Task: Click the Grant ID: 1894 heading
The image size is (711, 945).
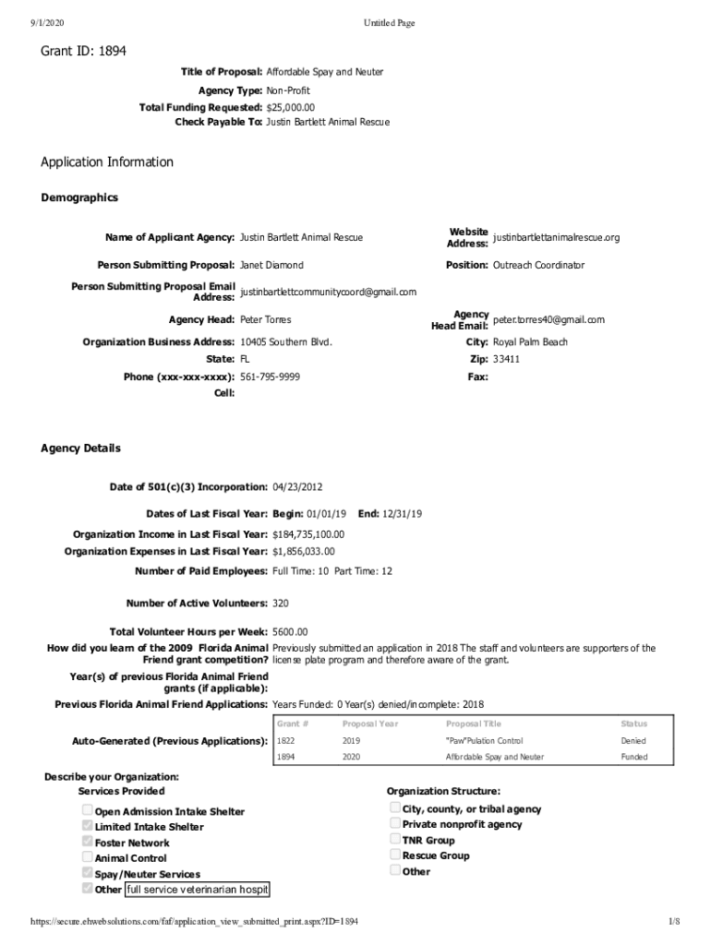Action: tap(83, 51)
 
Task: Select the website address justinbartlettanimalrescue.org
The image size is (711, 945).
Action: tap(556, 237)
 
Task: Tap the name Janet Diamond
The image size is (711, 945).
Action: tap(271, 265)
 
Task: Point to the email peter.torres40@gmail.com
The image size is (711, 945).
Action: tap(548, 320)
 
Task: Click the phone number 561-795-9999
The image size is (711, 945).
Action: tap(270, 377)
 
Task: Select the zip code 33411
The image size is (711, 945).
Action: tap(506, 359)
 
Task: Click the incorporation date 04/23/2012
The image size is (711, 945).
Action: tap(297, 486)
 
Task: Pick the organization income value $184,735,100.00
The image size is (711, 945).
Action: tap(308, 534)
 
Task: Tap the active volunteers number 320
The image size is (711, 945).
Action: tap(281, 603)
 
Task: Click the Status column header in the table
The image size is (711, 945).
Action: tap(633, 724)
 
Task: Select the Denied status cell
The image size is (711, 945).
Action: tap(633, 740)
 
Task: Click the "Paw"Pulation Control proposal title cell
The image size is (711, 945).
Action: tap(484, 740)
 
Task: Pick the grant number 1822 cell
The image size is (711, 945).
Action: tap(286, 740)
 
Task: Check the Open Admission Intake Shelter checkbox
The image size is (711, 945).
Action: tap(88, 810)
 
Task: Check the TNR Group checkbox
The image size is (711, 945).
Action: tap(395, 839)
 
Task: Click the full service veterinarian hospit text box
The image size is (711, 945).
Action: tap(197, 890)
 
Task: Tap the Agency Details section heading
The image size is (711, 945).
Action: tap(80, 449)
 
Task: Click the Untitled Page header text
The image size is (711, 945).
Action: tap(389, 23)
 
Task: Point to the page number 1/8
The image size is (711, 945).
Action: tap(673, 922)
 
